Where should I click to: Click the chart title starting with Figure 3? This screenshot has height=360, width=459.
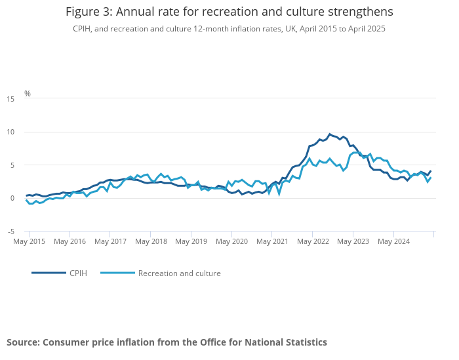(229, 12)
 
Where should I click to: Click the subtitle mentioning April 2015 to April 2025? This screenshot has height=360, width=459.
(229, 29)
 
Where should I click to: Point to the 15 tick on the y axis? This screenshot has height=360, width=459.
(10, 99)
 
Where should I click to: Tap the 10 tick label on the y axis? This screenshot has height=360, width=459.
(10, 132)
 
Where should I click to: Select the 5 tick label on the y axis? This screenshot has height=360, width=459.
(11, 165)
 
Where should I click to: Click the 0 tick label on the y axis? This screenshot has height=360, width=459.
(11, 199)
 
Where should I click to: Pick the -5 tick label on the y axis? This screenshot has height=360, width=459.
(10, 231)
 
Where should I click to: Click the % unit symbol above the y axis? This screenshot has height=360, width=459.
(28, 94)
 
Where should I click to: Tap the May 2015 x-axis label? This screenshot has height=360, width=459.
(30, 241)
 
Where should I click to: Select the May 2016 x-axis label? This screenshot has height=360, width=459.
(70, 241)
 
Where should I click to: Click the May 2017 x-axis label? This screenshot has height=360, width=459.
(110, 241)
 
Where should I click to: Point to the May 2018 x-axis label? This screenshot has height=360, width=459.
(151, 241)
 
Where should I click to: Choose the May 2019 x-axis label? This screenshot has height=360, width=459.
(191, 241)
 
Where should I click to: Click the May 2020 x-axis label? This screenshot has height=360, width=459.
(231, 241)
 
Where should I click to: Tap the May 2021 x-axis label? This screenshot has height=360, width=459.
(272, 241)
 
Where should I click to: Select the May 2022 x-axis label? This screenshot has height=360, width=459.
(313, 241)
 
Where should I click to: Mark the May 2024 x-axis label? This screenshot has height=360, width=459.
(393, 241)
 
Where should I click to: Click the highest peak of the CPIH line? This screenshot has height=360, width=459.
(330, 134)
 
